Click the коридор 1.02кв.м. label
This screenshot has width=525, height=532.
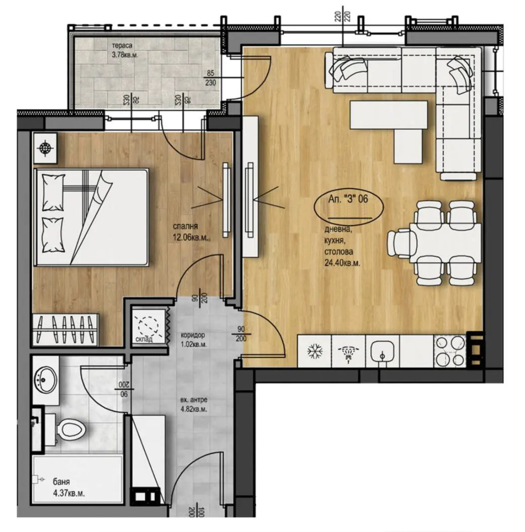[x=193, y=339]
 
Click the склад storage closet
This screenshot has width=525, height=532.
[x=148, y=326]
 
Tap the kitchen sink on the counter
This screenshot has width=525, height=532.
[x=382, y=351]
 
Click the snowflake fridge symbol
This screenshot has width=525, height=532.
[x=315, y=351]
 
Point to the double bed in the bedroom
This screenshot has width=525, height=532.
[x=91, y=217]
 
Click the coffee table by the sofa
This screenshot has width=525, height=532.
[x=389, y=115]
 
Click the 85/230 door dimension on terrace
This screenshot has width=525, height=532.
[x=211, y=78]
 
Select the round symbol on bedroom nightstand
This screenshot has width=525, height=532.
[x=45, y=148]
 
